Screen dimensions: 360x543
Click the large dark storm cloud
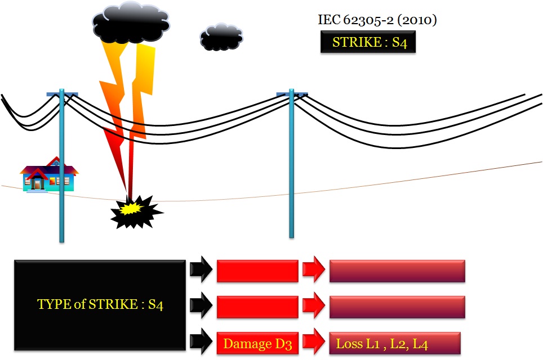coord(130,22)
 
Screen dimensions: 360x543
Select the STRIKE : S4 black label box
coord(368,43)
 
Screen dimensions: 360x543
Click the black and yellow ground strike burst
coord(135,211)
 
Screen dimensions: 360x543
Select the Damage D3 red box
coord(257,344)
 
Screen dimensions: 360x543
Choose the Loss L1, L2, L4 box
coord(395,343)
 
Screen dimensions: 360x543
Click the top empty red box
coord(257,271)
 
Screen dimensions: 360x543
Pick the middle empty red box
coord(257,307)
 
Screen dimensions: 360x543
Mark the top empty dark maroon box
coord(397,271)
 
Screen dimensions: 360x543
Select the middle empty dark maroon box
coord(397,307)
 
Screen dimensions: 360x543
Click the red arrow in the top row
coord(313,271)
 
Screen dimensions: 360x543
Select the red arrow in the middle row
coord(313,307)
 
